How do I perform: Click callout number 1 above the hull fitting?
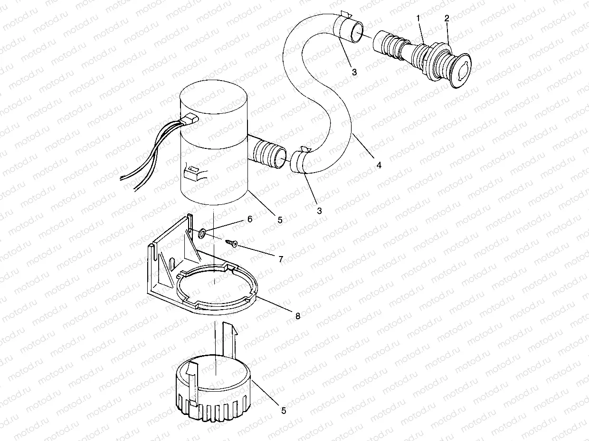pyautogui.click(x=418, y=18)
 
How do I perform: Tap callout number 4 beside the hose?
pyautogui.click(x=379, y=165)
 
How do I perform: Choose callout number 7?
pyautogui.click(x=281, y=259)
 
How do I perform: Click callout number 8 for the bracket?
pyautogui.click(x=298, y=316)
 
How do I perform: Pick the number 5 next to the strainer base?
pyautogui.click(x=284, y=411)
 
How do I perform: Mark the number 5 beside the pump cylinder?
pyautogui.click(x=280, y=220)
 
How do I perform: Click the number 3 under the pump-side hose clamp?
pyautogui.click(x=319, y=211)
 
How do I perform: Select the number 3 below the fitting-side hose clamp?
pyautogui.click(x=354, y=72)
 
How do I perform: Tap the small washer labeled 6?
pyautogui.click(x=201, y=232)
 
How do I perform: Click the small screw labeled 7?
pyautogui.click(x=232, y=243)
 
